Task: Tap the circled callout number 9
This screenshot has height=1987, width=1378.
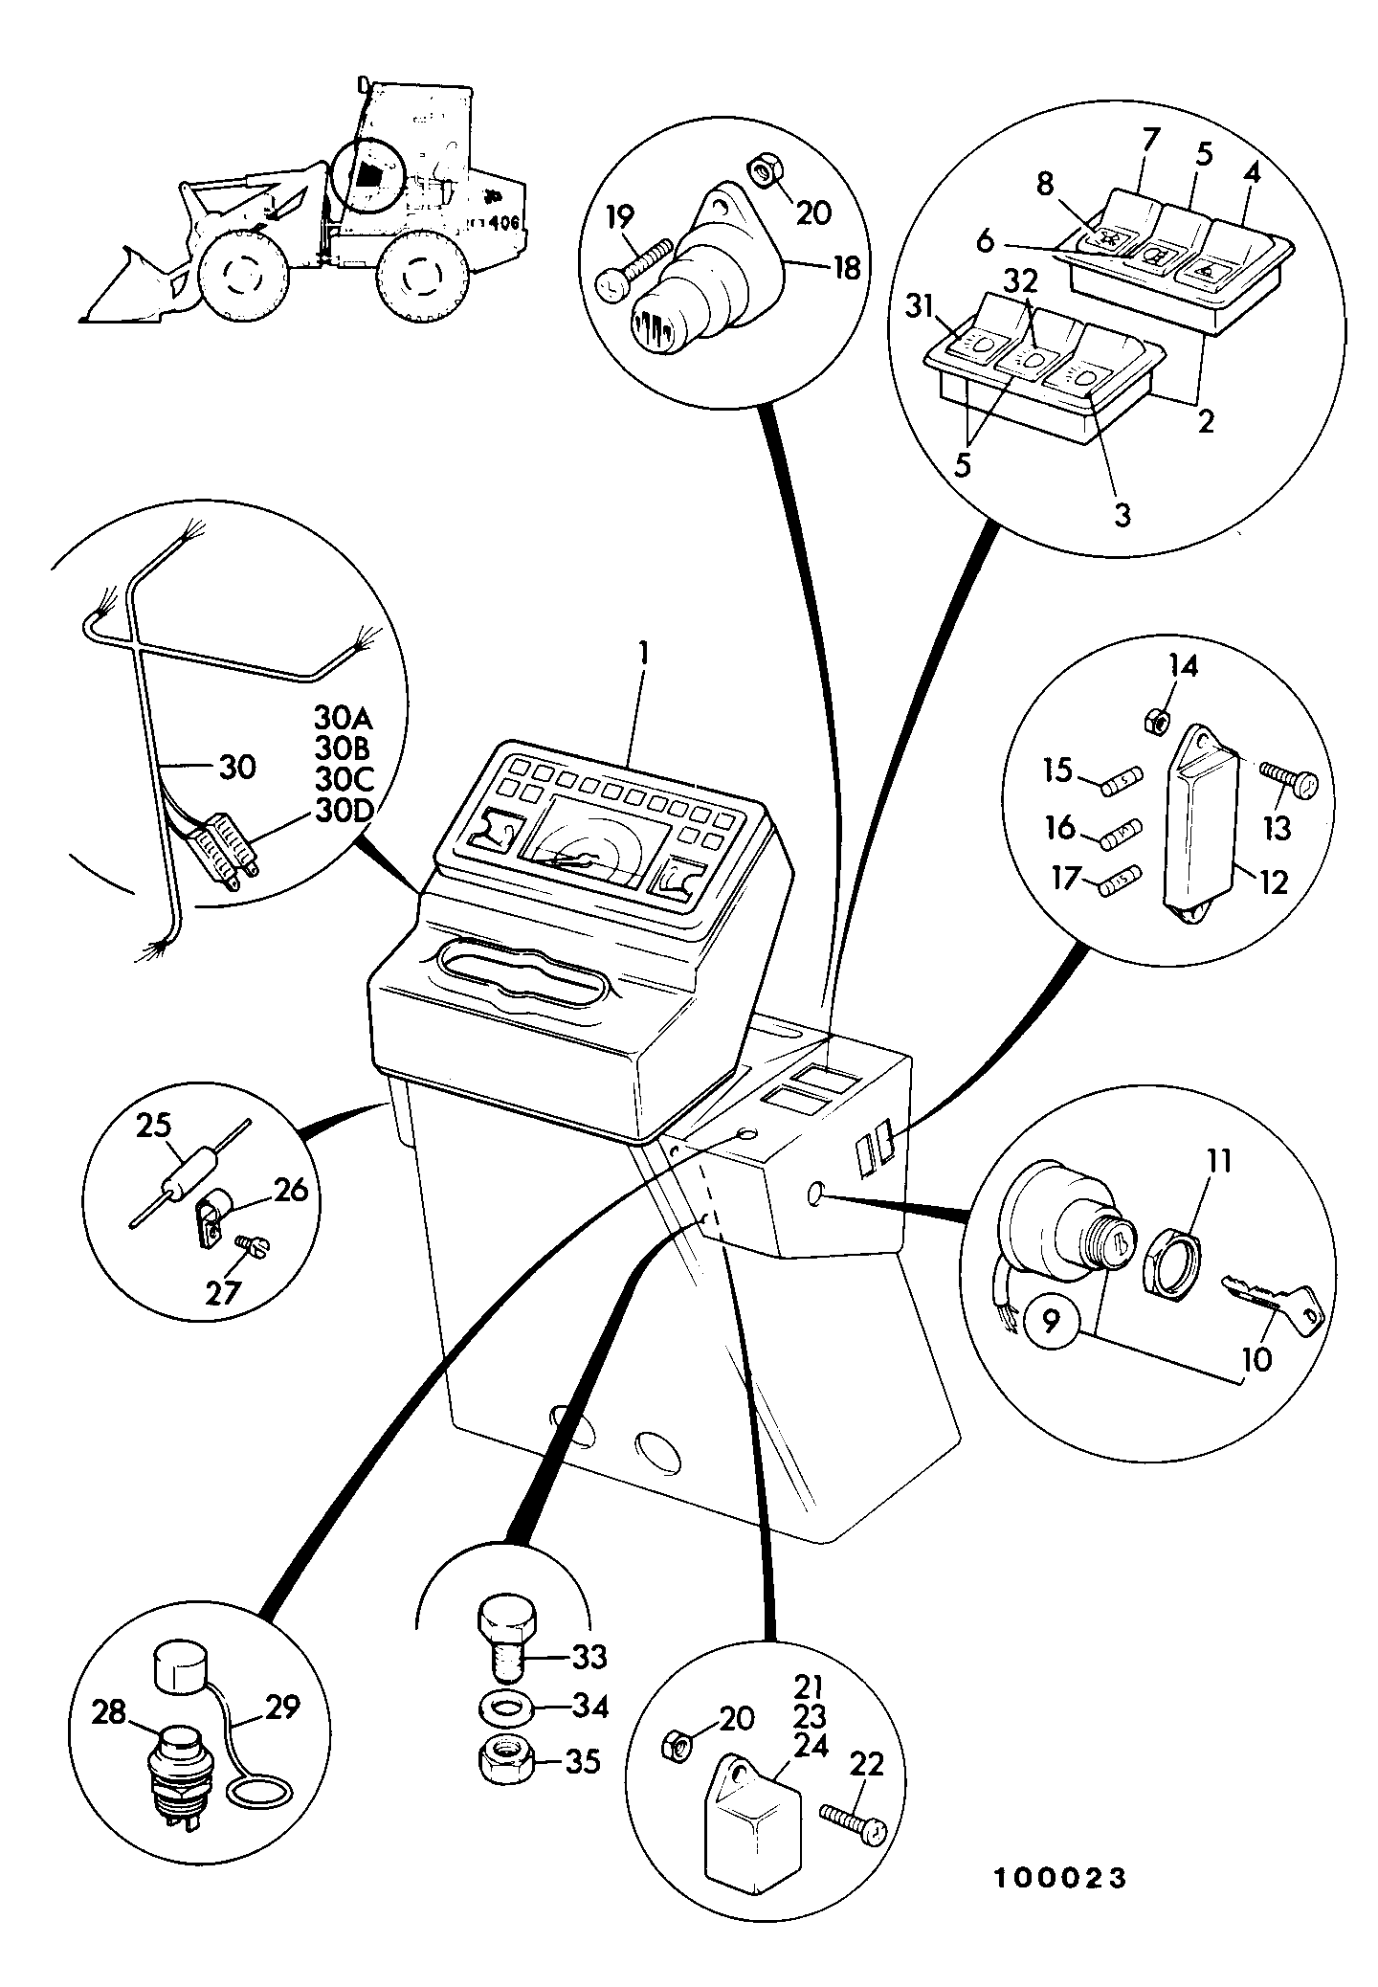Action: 1051,1323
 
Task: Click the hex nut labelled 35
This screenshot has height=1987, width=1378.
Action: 502,1757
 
